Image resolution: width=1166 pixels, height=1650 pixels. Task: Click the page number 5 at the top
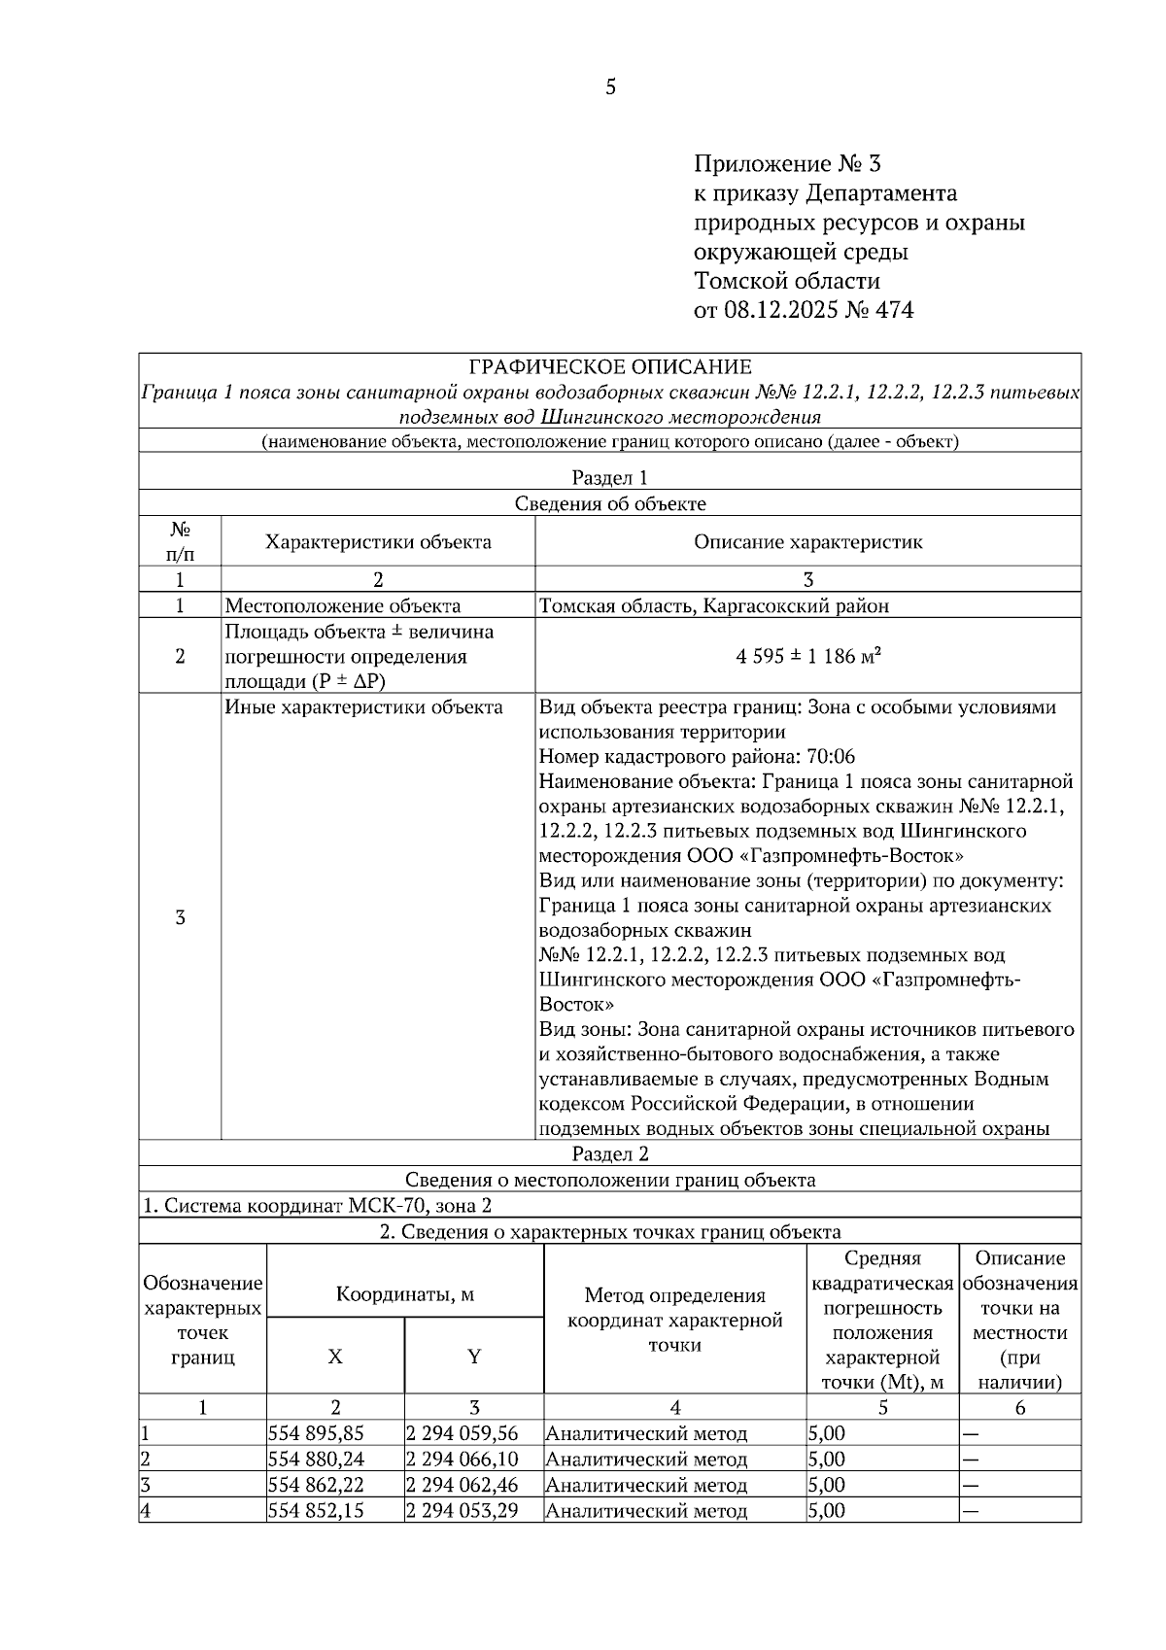click(610, 87)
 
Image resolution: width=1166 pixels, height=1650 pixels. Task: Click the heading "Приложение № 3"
click(786, 163)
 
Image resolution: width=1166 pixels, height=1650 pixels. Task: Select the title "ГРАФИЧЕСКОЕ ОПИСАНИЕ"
click(609, 367)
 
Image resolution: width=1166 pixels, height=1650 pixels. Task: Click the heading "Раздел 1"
click(609, 477)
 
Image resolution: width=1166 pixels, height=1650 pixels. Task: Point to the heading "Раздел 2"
click(609, 1153)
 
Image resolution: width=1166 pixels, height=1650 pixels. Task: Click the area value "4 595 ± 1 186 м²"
click(807, 656)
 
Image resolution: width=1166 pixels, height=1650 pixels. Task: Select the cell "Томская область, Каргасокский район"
click(713, 606)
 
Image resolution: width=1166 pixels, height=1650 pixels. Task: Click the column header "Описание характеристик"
click(807, 542)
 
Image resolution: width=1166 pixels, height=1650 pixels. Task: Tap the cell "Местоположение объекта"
click(343, 606)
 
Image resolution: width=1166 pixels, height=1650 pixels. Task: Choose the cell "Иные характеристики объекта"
click(363, 707)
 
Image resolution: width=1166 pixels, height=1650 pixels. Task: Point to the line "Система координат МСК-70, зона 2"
click(318, 1206)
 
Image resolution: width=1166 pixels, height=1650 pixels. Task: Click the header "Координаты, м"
click(404, 1294)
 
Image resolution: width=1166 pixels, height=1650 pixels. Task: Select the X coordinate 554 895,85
click(316, 1433)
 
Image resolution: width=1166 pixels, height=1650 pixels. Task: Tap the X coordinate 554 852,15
click(316, 1511)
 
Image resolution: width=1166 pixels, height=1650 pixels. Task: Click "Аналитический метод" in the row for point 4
click(646, 1511)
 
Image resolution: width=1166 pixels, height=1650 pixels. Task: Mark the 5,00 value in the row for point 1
click(826, 1433)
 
